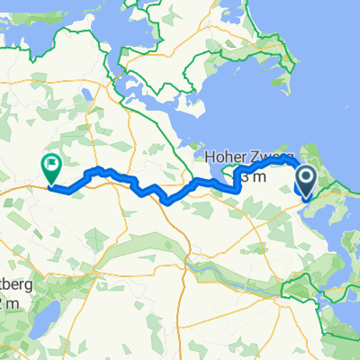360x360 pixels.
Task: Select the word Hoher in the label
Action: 224,158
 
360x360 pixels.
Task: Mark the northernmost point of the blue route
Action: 286,157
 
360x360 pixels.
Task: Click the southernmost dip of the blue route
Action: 166,202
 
